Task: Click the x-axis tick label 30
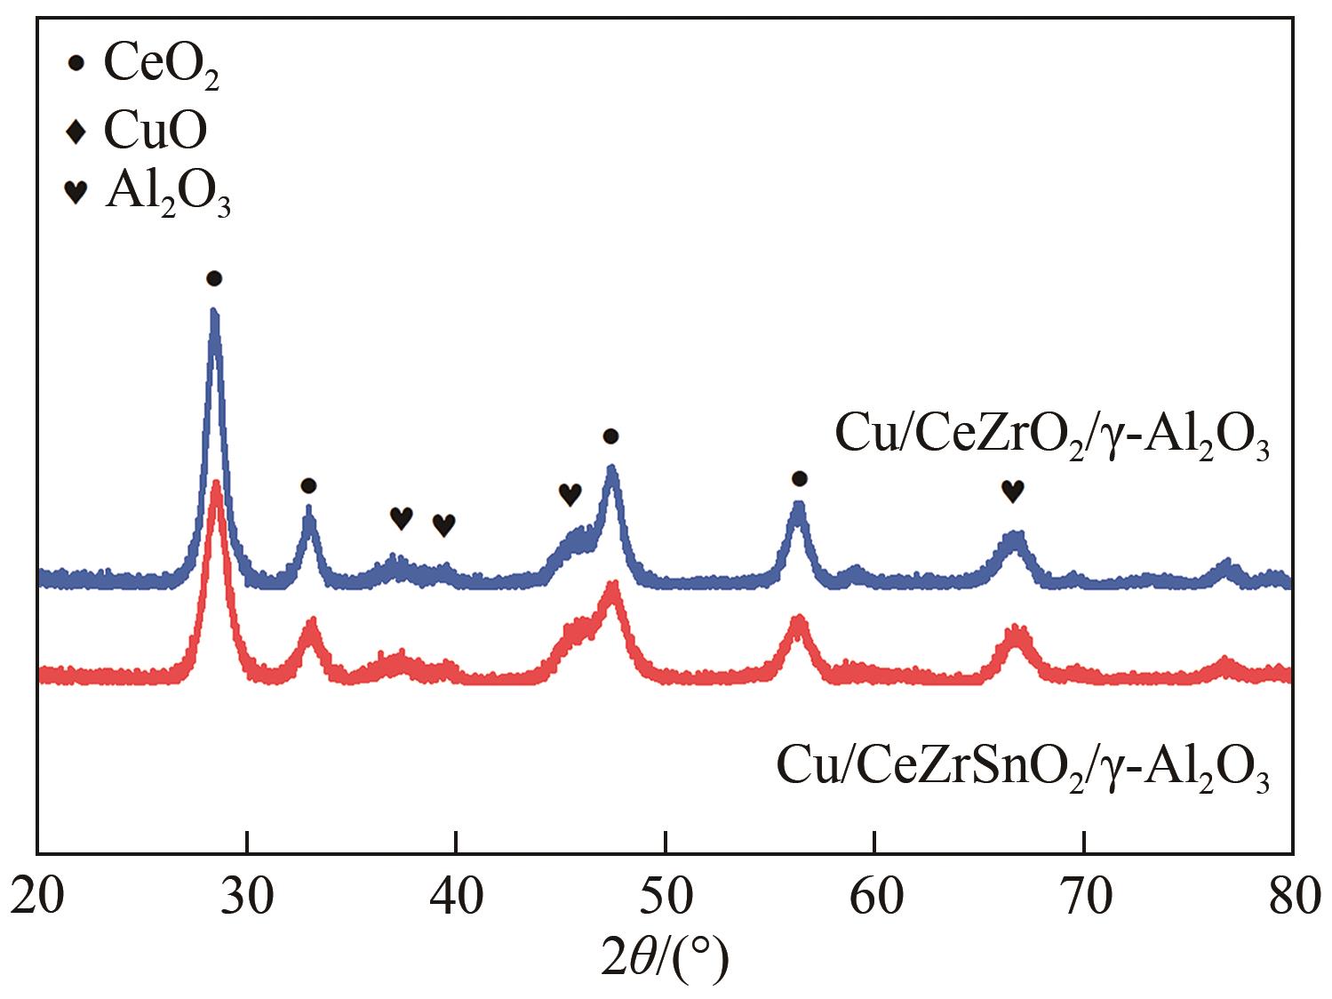(246, 898)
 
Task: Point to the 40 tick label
(456, 898)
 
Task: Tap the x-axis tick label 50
(666, 898)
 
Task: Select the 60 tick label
(875, 898)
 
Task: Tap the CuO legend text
(156, 131)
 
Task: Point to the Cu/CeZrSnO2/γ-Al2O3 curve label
(1022, 765)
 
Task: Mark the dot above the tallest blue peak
(213, 279)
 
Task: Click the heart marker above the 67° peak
(1012, 490)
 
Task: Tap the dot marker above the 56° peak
(799, 479)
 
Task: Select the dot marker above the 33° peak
(307, 485)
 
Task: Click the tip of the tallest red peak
(216, 484)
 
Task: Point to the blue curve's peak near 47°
(610, 468)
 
